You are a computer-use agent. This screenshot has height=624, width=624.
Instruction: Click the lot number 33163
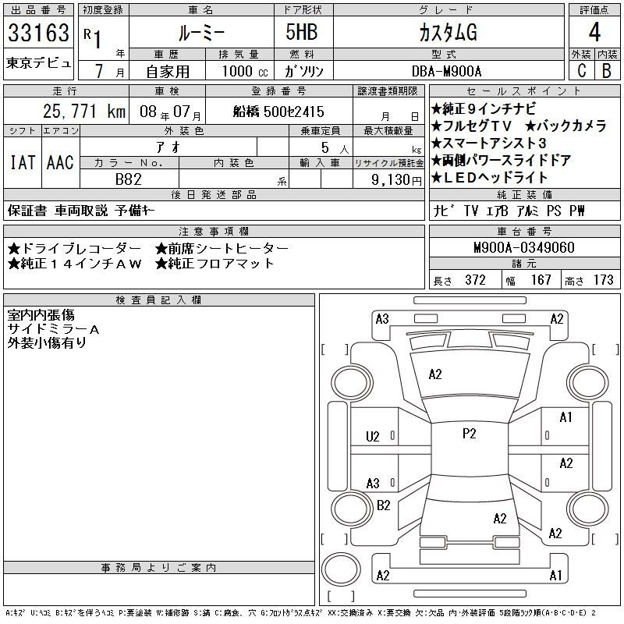38,33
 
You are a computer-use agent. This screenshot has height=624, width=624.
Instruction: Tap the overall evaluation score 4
594,32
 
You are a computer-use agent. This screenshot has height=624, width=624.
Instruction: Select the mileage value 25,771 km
84,112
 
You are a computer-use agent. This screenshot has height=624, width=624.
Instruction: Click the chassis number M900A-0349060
524,247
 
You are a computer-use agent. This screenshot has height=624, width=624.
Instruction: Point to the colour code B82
129,179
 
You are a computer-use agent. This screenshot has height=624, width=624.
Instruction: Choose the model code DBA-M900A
446,71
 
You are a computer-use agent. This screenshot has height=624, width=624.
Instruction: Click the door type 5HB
302,32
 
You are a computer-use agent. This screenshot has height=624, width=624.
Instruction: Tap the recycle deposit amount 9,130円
396,180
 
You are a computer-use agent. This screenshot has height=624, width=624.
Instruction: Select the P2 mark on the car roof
470,434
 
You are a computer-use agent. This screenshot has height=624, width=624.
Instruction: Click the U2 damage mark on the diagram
373,437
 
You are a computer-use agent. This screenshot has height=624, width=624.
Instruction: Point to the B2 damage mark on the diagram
383,505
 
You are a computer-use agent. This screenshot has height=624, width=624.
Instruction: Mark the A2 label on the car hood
435,374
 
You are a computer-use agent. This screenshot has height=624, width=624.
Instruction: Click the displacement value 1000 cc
245,71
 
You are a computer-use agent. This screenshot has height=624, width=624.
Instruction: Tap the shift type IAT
23,162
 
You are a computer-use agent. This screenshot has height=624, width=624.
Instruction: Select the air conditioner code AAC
60,162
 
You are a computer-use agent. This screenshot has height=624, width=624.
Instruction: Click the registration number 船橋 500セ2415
278,112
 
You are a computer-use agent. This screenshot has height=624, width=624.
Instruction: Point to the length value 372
475,280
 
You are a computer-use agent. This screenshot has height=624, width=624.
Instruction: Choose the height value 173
603,280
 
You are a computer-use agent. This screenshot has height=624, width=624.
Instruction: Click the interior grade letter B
607,71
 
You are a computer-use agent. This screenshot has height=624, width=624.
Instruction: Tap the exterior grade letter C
581,71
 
